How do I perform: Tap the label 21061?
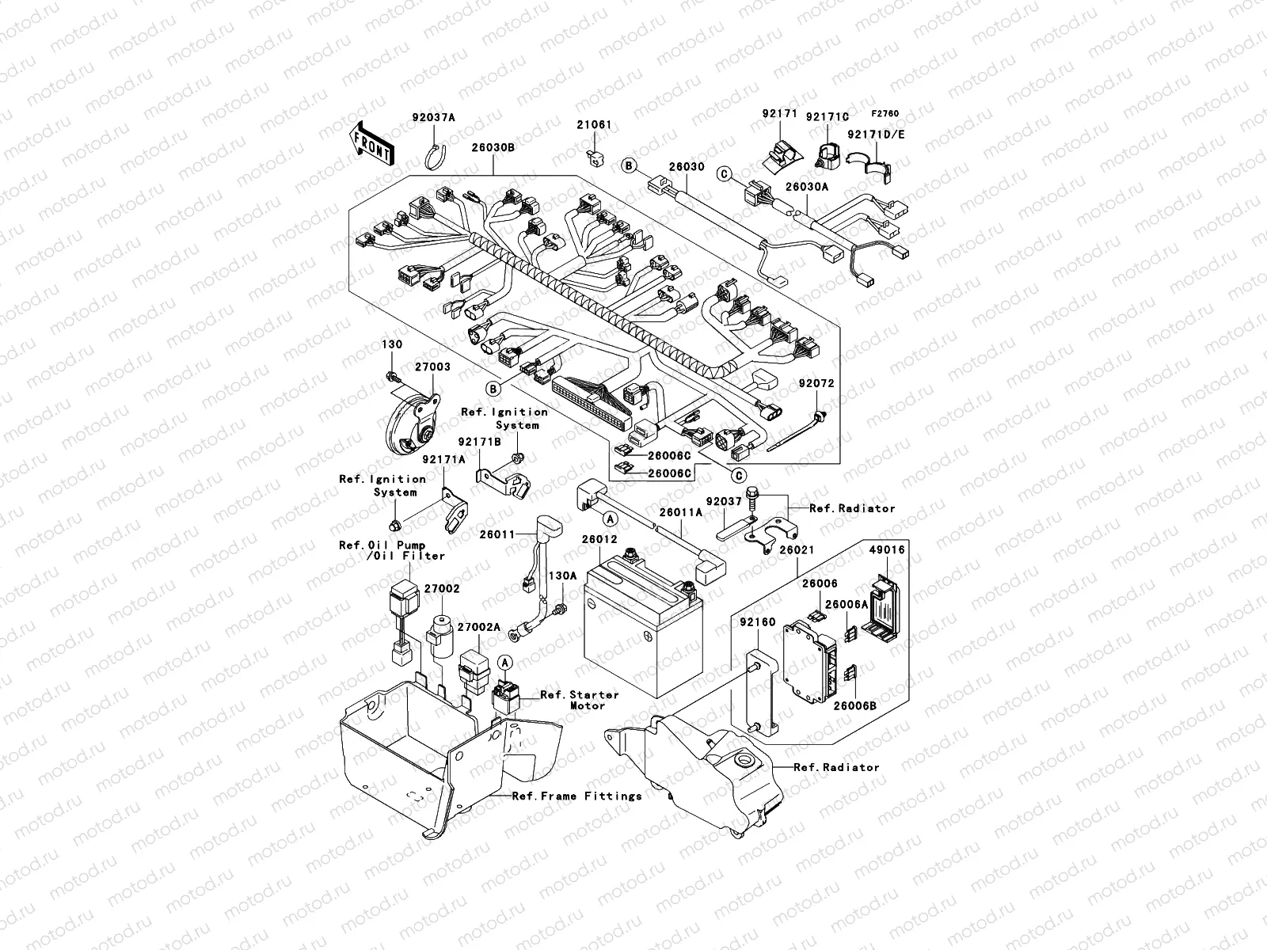tap(594, 125)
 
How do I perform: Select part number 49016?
tap(887, 550)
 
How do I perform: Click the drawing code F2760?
tap(886, 113)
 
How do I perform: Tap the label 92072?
tap(816, 383)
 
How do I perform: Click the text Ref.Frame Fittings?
tap(576, 796)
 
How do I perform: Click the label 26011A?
tap(682, 512)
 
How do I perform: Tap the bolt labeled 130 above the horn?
tap(391, 374)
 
